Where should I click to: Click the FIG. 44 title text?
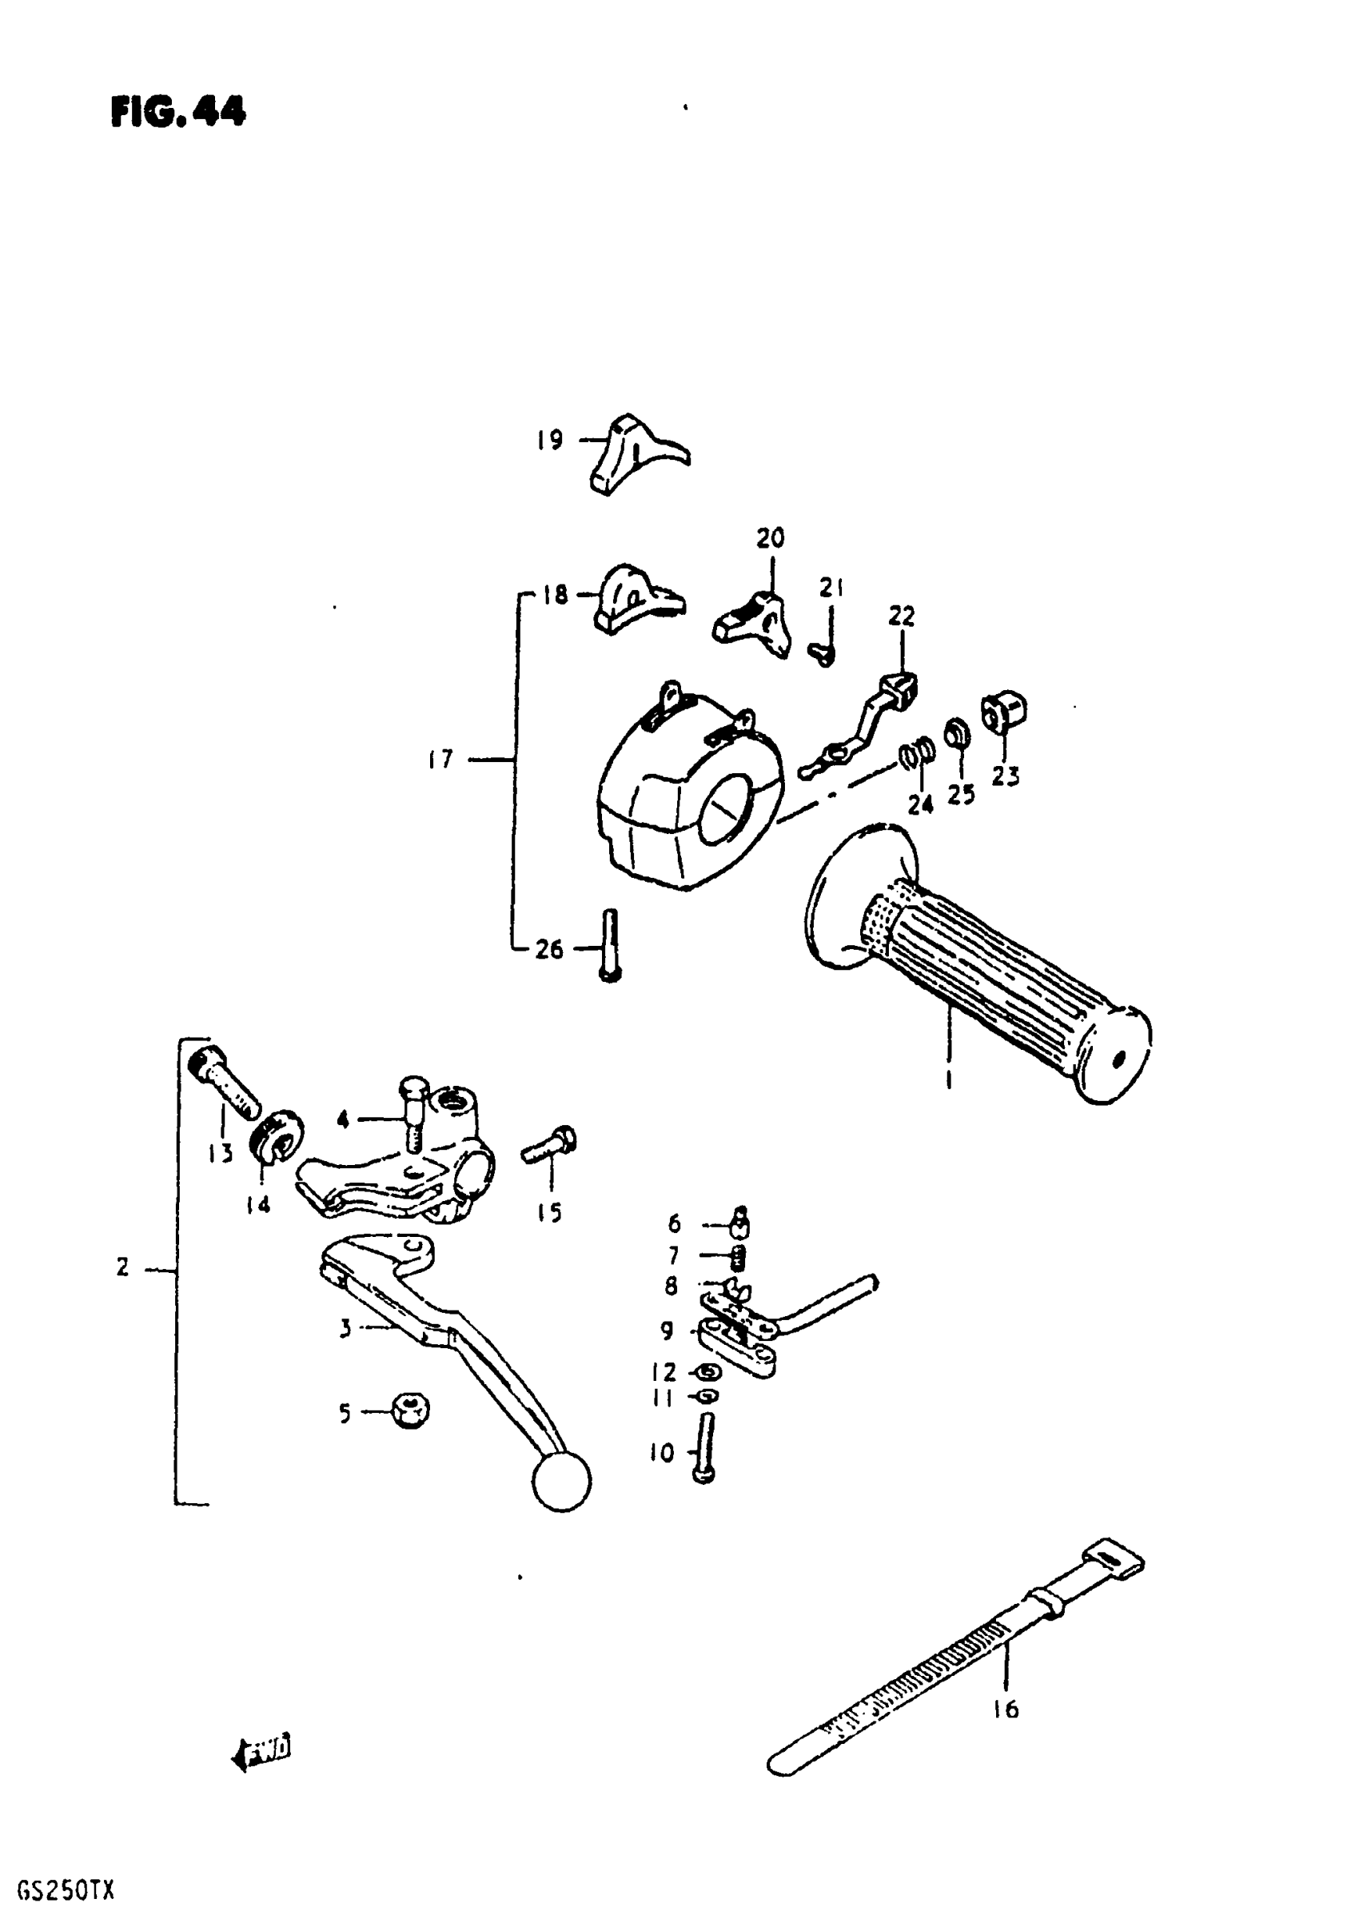(x=177, y=111)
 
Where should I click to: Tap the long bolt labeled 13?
(x=227, y=1085)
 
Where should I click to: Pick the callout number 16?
(x=1006, y=1708)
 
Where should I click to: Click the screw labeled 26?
(x=611, y=946)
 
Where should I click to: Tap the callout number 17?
(x=440, y=760)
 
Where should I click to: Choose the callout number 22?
(x=901, y=616)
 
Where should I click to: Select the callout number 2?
(x=123, y=1267)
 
